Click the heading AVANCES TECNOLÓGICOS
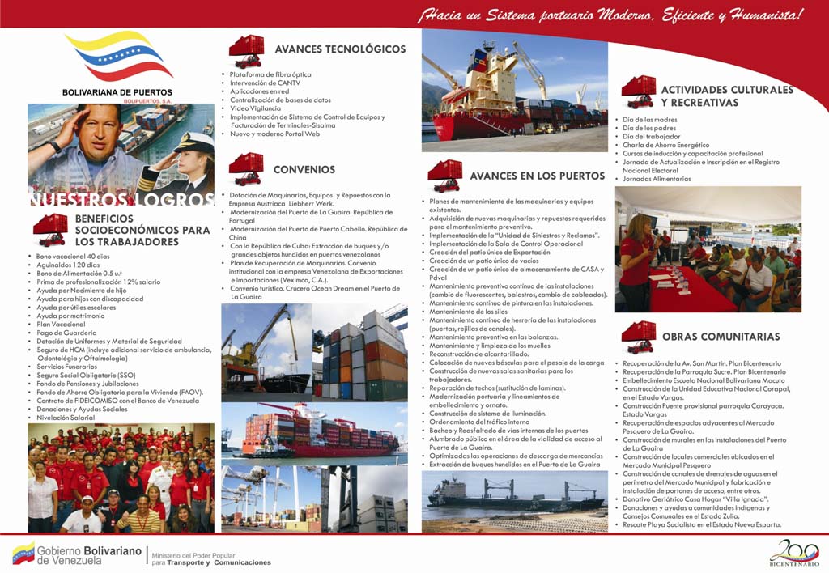[x=340, y=49]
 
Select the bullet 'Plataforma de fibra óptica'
[x=270, y=74]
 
